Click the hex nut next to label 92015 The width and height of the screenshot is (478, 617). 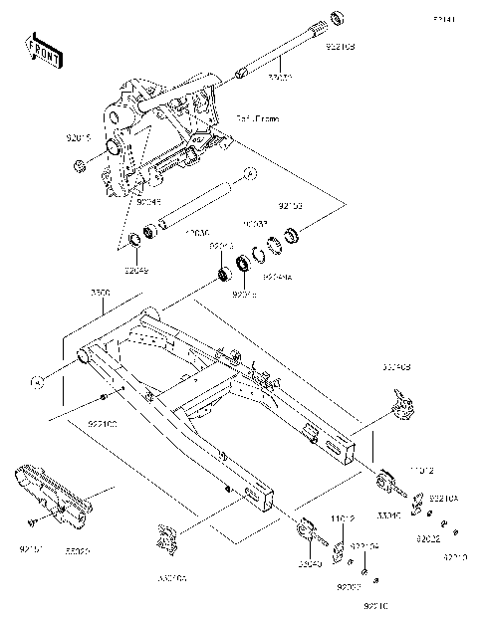(x=78, y=165)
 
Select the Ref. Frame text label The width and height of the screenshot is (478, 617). (x=258, y=118)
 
